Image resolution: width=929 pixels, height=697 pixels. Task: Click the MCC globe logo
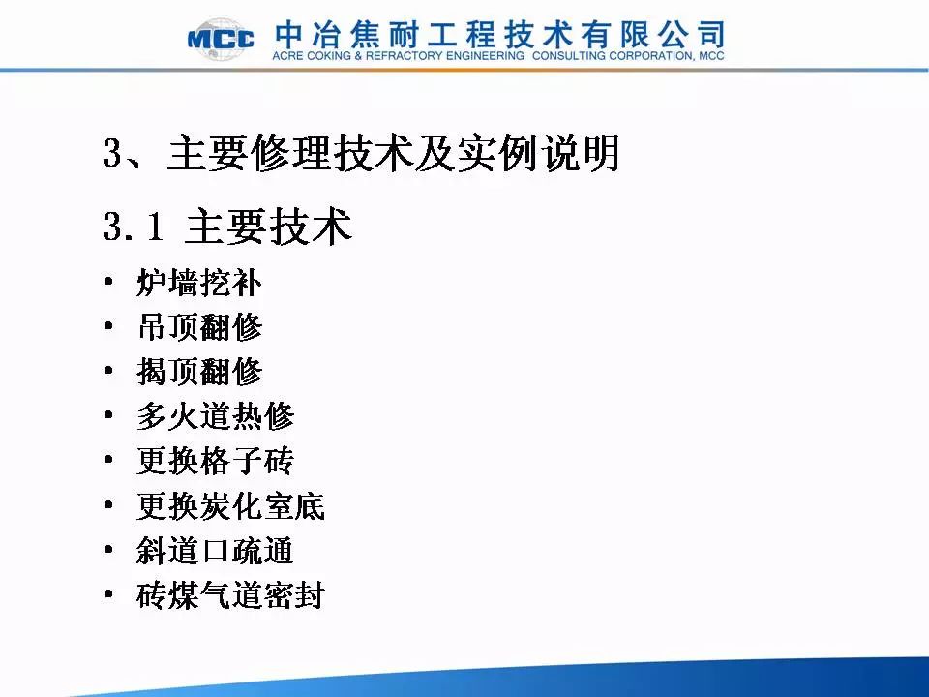221,39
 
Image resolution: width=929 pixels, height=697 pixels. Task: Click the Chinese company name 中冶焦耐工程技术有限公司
500,35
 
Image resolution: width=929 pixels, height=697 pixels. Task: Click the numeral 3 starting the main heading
112,152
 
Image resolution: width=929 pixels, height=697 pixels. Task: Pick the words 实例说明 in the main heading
538,152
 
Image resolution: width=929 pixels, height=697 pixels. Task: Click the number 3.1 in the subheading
134,226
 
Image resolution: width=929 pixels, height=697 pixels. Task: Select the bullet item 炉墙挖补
199,282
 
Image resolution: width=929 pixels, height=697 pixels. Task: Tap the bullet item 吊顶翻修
199,326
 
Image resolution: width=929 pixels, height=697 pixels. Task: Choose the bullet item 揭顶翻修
199,372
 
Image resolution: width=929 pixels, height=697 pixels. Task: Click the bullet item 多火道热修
215,416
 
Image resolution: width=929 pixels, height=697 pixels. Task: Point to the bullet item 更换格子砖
215,461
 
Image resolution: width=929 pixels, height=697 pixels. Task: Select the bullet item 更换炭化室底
230,506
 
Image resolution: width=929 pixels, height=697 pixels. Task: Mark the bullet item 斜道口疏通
215,551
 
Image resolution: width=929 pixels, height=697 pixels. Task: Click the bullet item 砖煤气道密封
230,595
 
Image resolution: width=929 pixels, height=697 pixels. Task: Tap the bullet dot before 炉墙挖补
107,282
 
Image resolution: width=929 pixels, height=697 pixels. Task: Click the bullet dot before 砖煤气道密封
107,594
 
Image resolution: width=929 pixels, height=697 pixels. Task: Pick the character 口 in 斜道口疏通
215,552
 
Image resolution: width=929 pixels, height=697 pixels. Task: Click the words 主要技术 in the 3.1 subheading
268,226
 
